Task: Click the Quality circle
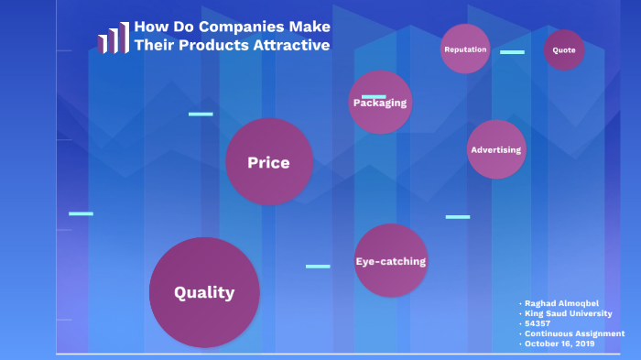click(x=204, y=292)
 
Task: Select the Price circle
click(x=269, y=162)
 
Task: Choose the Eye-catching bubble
click(x=390, y=261)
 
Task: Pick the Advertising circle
click(x=495, y=149)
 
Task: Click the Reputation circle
click(x=465, y=49)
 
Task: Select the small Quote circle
click(x=564, y=50)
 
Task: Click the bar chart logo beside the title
click(x=113, y=38)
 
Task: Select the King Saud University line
click(x=569, y=313)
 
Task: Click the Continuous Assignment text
click(x=575, y=333)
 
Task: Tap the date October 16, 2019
click(x=560, y=344)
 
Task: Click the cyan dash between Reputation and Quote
click(x=512, y=52)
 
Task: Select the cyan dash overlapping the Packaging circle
click(x=374, y=96)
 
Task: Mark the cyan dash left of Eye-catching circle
click(x=318, y=267)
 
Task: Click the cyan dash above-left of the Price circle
click(x=201, y=115)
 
